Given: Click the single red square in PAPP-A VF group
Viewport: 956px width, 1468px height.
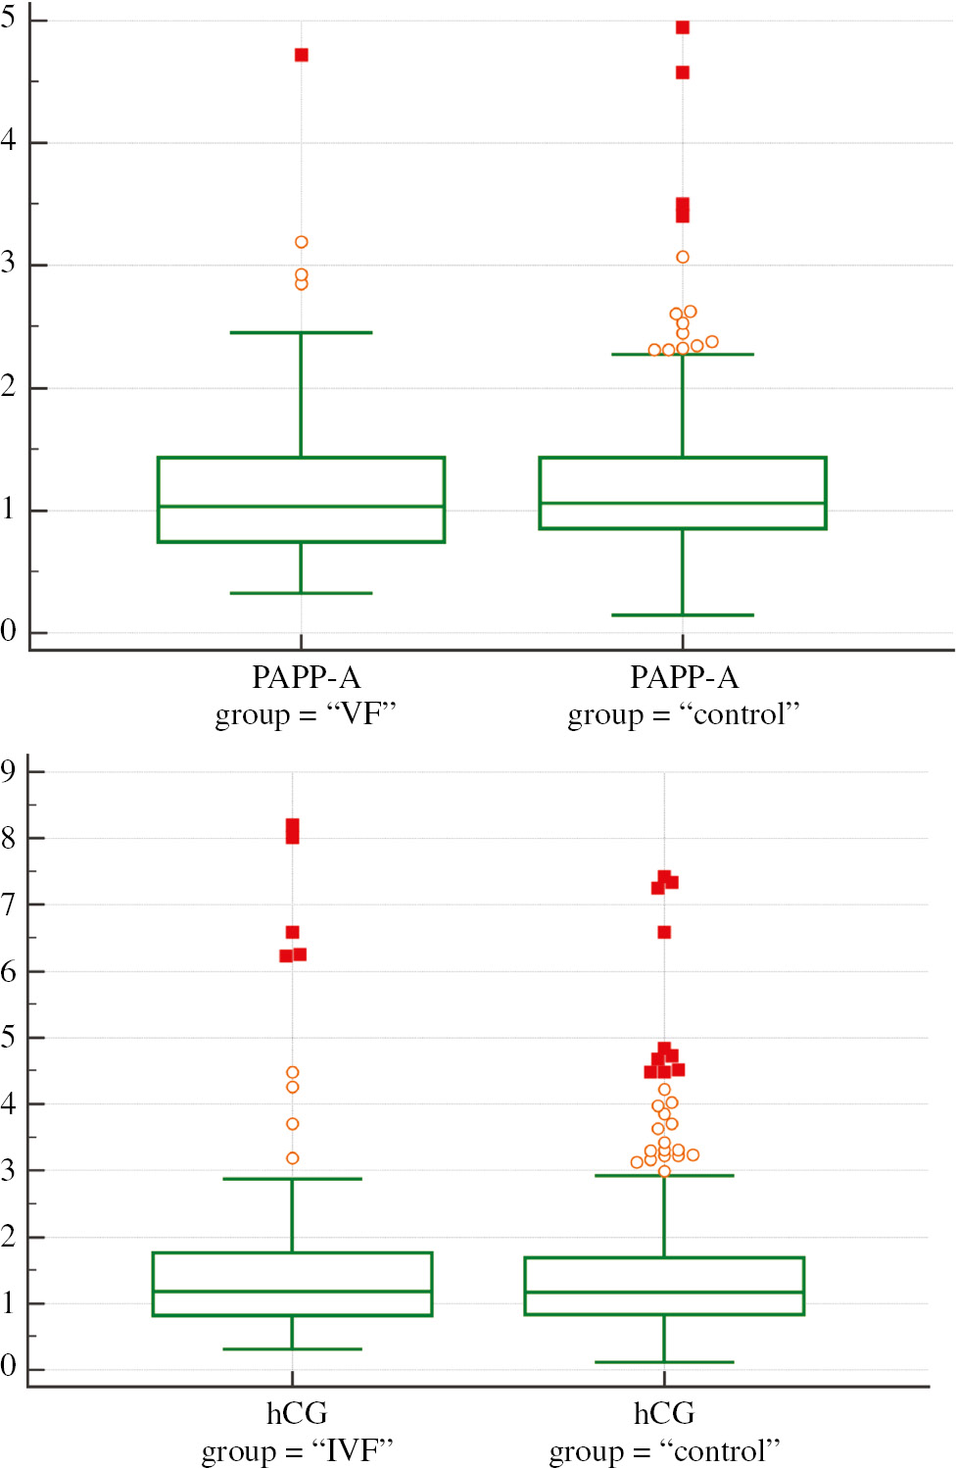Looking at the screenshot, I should point(302,55).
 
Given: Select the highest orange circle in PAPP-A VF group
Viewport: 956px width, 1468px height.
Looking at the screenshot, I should point(302,242).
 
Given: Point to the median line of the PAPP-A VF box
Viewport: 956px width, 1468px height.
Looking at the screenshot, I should point(302,507).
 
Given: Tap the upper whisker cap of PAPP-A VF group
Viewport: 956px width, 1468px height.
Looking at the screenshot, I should point(302,333).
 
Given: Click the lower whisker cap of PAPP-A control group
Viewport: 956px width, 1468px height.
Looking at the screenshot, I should point(683,615).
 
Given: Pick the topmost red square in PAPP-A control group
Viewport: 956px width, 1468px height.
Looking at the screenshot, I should point(683,27).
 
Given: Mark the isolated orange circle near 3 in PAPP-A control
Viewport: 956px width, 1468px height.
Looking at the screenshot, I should point(683,258).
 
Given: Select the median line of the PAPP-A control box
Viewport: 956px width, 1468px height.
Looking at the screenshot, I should point(683,503).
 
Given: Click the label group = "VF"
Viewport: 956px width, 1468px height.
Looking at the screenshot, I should point(306,714).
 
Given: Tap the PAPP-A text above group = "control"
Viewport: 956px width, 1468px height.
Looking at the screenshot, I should point(684,677).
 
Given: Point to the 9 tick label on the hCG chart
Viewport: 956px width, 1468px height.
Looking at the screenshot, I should point(9,771).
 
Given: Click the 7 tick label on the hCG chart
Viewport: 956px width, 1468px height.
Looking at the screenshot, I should point(9,905).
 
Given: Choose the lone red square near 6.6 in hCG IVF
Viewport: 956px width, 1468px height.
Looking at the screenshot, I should point(292,932).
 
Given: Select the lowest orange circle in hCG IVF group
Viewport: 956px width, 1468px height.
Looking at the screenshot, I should point(292,1158).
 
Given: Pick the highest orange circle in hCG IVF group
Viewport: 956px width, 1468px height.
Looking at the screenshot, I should point(292,1073).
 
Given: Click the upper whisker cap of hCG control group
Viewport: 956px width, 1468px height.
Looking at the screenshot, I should point(664,1175).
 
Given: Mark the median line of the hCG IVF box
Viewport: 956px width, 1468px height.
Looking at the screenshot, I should point(292,1292).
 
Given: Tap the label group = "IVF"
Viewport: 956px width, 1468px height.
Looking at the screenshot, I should point(297,1450).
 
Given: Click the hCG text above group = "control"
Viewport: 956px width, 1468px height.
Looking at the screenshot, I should point(664,1413).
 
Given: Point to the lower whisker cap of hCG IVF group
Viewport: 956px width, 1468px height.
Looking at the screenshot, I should point(292,1349).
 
